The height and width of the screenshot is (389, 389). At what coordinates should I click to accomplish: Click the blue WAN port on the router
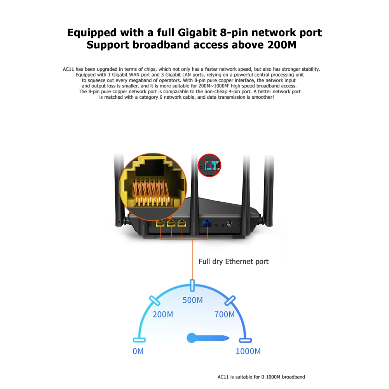click(x=206, y=223)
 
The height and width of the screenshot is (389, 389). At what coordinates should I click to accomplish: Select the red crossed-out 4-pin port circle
click(x=209, y=165)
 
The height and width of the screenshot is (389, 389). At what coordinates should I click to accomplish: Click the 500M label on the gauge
click(x=192, y=300)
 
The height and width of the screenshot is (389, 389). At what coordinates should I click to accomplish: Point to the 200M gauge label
click(x=162, y=314)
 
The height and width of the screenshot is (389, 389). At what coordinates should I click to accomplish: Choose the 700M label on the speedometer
click(x=225, y=314)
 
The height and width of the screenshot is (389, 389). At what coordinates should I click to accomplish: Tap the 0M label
click(x=138, y=351)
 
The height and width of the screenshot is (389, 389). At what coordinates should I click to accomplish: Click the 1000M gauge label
click(x=248, y=351)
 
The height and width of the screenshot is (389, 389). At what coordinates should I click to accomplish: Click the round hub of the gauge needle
click(x=191, y=338)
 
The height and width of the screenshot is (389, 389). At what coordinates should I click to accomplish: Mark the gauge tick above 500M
click(x=192, y=285)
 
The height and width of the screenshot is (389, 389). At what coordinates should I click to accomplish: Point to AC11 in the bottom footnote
click(x=223, y=377)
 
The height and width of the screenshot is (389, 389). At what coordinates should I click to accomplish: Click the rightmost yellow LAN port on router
click(x=181, y=223)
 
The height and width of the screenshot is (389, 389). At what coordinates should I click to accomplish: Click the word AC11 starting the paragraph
click(x=68, y=69)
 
